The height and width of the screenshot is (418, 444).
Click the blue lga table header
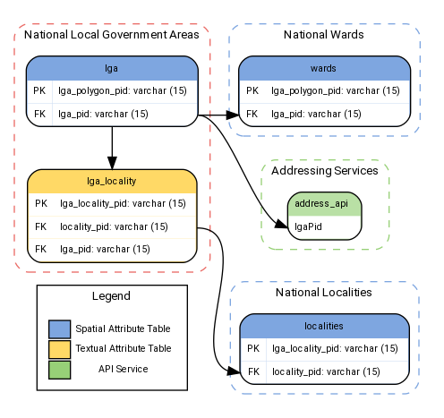[x=111, y=68]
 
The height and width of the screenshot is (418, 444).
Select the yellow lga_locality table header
[x=111, y=180]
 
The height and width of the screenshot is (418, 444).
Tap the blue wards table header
[x=324, y=68]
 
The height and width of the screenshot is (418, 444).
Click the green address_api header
[x=324, y=203]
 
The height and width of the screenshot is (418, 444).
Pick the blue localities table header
[x=324, y=327]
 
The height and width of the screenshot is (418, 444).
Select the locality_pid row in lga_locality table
[x=111, y=226]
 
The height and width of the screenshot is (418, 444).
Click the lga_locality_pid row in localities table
[x=324, y=348]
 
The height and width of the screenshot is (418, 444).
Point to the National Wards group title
[x=324, y=35]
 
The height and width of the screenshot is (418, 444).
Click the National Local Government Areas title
[x=111, y=35]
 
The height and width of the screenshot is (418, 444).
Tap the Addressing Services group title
[x=324, y=169]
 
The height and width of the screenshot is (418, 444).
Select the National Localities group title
[x=324, y=293]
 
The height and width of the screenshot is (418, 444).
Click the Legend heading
[x=111, y=296]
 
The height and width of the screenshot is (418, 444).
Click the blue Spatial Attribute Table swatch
[x=59, y=328]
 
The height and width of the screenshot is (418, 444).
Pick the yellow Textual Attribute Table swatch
[x=59, y=348]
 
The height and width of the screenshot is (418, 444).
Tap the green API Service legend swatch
[x=59, y=368]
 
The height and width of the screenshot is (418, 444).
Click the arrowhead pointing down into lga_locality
[x=111, y=163]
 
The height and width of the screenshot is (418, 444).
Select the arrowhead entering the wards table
[x=233, y=115]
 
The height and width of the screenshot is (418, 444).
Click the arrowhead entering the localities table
[x=233, y=371]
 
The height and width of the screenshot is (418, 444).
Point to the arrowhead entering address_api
[x=280, y=226]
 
